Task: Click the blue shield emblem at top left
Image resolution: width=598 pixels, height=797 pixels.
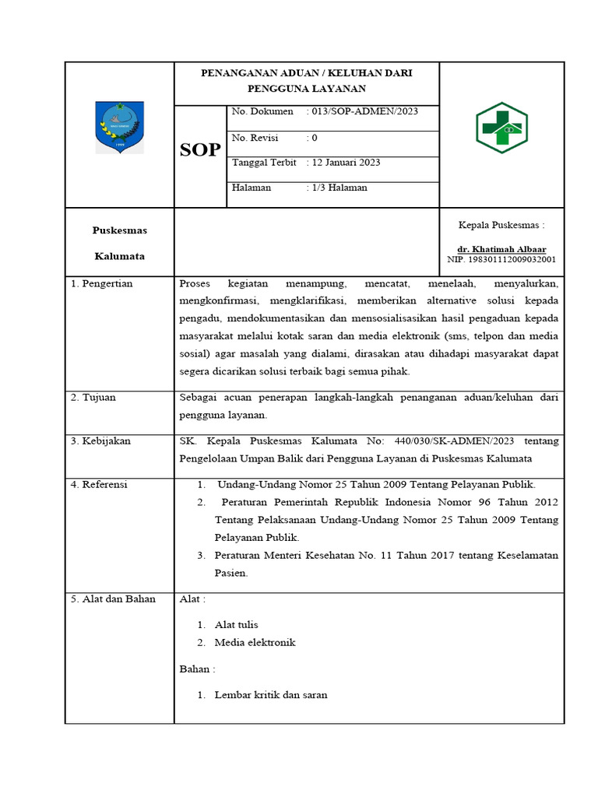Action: [119, 127]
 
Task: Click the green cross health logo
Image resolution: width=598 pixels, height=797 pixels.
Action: [501, 128]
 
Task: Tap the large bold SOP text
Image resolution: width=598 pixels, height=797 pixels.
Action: [200, 150]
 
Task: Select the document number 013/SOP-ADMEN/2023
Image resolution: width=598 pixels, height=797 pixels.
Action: [363, 111]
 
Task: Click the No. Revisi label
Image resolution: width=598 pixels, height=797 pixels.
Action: [255, 138]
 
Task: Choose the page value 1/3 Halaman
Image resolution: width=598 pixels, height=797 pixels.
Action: [337, 188]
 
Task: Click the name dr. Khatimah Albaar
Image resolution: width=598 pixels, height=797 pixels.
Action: [501, 249]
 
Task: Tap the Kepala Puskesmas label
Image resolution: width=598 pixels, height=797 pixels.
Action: [501, 225]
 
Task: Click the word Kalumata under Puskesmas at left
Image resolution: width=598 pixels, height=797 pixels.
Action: [119, 256]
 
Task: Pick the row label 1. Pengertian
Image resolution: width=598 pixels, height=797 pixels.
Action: [102, 284]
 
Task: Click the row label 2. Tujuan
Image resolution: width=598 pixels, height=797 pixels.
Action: [93, 398]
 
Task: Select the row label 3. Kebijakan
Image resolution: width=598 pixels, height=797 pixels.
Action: [100, 441]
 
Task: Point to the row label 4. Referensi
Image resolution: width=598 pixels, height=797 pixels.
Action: [99, 485]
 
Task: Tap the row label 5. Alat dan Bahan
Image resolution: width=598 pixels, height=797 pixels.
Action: [113, 599]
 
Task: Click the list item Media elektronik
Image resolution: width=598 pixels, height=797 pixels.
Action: [255, 643]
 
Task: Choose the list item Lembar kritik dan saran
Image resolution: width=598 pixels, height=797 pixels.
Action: [271, 695]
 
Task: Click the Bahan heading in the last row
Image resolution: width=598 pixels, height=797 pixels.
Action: [197, 669]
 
